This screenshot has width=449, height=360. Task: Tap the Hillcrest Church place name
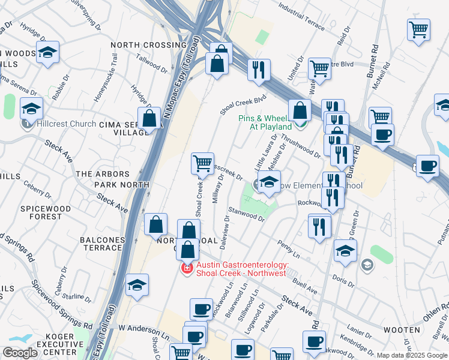click(x=66, y=124)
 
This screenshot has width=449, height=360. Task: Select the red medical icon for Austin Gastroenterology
click(x=187, y=268)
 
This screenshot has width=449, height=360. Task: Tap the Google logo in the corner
click(x=20, y=353)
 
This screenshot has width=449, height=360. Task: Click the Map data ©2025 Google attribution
click(x=411, y=355)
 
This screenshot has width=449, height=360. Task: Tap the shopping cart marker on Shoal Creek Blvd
click(x=203, y=163)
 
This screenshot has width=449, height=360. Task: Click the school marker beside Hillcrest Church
click(x=32, y=109)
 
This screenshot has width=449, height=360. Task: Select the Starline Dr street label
click(x=77, y=296)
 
